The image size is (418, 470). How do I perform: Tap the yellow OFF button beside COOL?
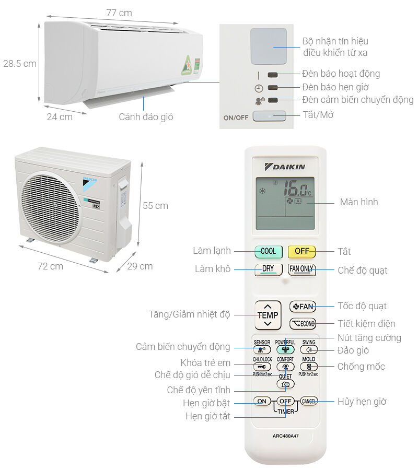click(301, 251)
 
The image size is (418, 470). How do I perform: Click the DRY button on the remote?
click(268, 269)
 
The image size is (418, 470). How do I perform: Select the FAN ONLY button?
click(301, 269)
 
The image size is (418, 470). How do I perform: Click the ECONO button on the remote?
click(303, 324)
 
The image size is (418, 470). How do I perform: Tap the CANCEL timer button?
click(309, 401)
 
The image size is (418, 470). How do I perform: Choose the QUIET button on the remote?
click(285, 384)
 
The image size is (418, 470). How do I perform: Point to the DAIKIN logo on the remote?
click(285, 167)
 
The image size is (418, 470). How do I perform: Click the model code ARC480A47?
click(285, 436)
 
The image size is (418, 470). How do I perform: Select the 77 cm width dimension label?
click(119, 13)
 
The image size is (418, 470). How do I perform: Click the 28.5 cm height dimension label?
click(19, 64)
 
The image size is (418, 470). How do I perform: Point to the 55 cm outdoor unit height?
click(155, 206)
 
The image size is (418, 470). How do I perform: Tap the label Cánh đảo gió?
click(146, 117)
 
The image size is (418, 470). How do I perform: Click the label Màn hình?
click(358, 202)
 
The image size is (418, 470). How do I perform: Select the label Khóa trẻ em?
click(205, 363)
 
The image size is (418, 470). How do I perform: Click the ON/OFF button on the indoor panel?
click(270, 116)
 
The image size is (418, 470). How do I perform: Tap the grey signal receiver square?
click(268, 46)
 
